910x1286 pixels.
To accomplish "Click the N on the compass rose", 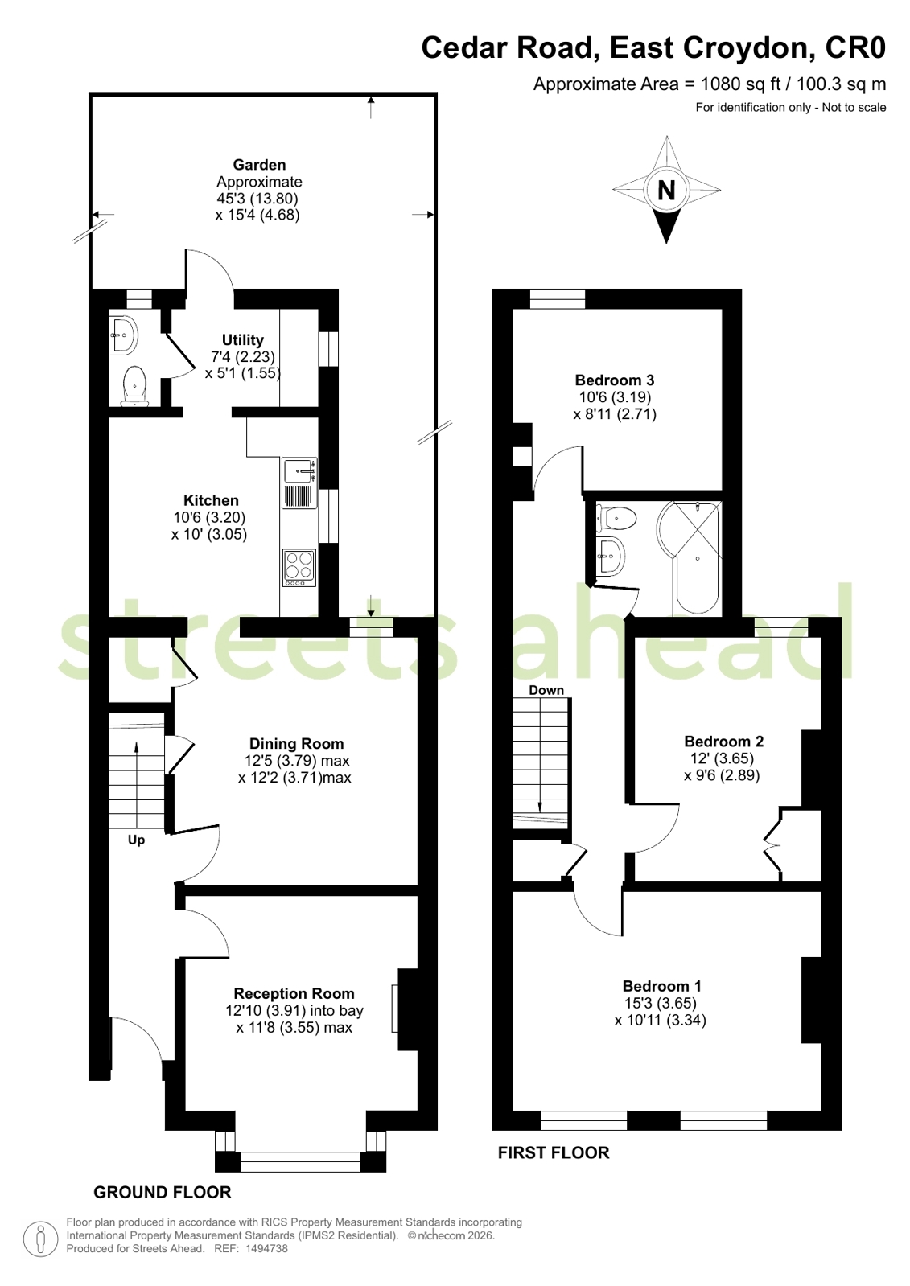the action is pyautogui.click(x=666, y=190).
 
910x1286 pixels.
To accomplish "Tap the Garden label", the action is pyautogui.click(x=259, y=165).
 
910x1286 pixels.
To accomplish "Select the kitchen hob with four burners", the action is pyautogui.click(x=299, y=568).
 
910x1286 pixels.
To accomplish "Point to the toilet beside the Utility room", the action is pyautogui.click(x=134, y=386).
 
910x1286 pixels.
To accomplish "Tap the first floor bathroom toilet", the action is pyautogui.click(x=616, y=519).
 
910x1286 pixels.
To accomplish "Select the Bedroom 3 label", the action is pyautogui.click(x=614, y=380).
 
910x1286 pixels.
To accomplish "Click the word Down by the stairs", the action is pyautogui.click(x=546, y=690).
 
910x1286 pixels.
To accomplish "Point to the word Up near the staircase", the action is pyautogui.click(x=136, y=840).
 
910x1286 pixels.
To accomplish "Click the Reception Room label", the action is pyautogui.click(x=294, y=993).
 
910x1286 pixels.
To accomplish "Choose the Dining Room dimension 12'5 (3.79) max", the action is pyautogui.click(x=297, y=761).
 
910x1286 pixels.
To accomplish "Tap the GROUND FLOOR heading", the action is pyautogui.click(x=162, y=1193).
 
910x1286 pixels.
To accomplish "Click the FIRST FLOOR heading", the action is pyautogui.click(x=554, y=1152).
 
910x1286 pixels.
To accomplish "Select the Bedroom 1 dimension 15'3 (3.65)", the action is pyautogui.click(x=661, y=1003).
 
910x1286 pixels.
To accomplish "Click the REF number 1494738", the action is pyautogui.click(x=266, y=1248).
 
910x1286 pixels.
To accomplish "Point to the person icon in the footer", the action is pyautogui.click(x=41, y=1239).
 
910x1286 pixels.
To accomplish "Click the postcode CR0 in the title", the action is pyautogui.click(x=855, y=47).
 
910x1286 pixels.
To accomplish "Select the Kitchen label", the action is pyautogui.click(x=211, y=500).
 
